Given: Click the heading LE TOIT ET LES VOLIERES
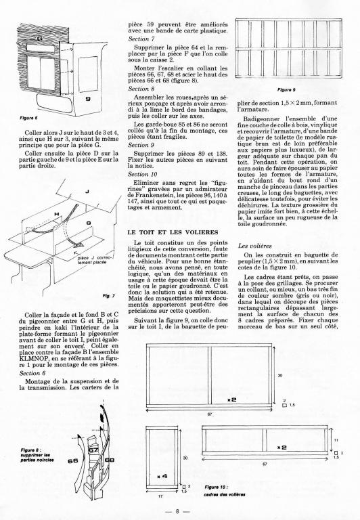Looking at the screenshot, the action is click(173, 232).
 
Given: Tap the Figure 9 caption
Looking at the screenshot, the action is click(286, 89).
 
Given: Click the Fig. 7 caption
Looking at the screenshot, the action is click(109, 296).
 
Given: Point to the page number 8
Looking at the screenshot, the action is click(177, 511).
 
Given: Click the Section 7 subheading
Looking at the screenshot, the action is click(141, 39).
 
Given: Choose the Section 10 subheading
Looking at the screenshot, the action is click(143, 174).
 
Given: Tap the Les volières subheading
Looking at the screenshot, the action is click(254, 246).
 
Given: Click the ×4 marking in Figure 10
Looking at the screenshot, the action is click(162, 476).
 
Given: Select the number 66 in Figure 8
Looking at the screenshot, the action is click(72, 460).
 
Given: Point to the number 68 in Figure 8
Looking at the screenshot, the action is click(110, 460).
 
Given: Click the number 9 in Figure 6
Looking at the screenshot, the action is click(88, 98).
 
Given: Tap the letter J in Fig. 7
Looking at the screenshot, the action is click(87, 192).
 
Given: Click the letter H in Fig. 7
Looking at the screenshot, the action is click(57, 214).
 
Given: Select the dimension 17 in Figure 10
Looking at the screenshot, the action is click(160, 496).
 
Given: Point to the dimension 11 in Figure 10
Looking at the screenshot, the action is click(335, 440).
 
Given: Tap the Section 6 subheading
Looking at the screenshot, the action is click(32, 373).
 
